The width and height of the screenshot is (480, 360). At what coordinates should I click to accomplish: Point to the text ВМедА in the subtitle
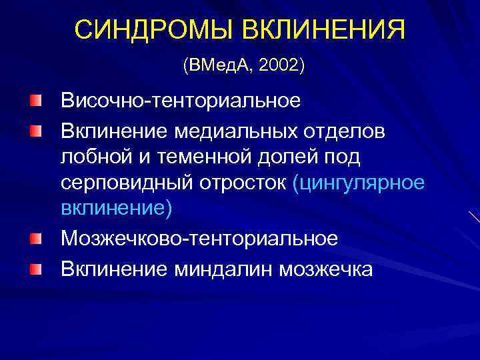(x=220, y=66)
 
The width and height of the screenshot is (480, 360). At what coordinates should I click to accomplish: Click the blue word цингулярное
(x=363, y=183)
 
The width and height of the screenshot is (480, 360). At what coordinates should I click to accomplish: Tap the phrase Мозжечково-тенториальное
(x=199, y=238)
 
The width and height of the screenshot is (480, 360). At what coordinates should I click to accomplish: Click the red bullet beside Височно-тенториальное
(x=35, y=101)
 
